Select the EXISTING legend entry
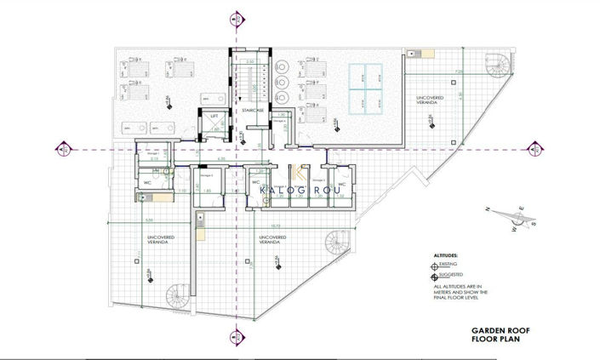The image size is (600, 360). pos(449,266)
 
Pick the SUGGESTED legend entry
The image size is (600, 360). pos(451,276)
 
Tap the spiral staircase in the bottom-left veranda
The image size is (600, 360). pos(179,296)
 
